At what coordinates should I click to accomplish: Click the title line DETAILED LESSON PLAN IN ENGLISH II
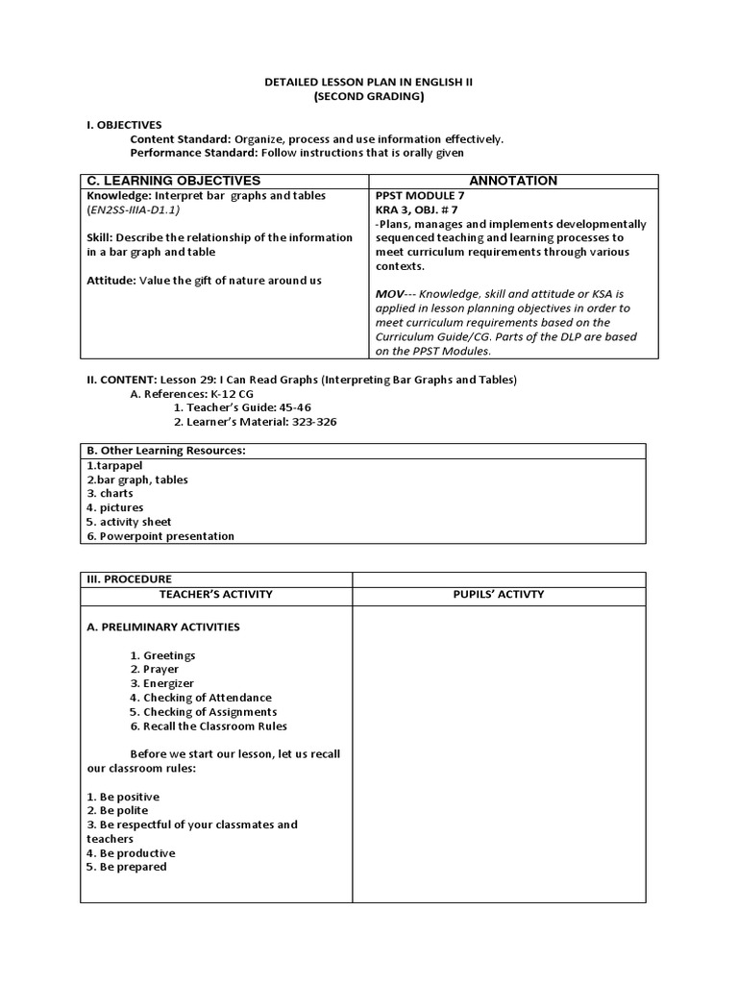click(368, 83)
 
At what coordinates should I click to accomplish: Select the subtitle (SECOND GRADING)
click(368, 97)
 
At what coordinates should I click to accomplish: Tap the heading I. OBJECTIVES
click(123, 125)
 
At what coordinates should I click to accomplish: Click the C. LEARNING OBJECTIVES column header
click(174, 181)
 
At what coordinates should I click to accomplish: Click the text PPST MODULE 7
click(416, 195)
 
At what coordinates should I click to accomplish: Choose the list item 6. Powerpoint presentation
click(160, 536)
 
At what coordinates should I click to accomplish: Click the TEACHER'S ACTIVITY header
click(216, 594)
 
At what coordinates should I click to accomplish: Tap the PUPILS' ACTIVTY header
click(498, 594)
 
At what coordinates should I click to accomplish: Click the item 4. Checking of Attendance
click(201, 698)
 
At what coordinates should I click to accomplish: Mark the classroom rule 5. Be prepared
click(126, 867)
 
